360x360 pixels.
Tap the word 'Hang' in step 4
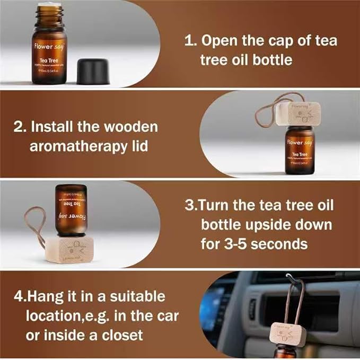[x=58, y=296]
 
